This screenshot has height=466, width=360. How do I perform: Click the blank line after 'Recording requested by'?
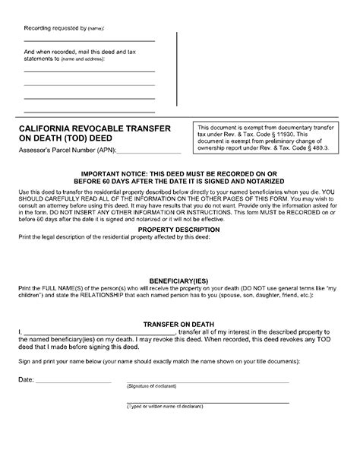click(x=89, y=41)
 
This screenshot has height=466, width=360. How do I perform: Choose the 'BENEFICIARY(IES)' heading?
click(x=180, y=281)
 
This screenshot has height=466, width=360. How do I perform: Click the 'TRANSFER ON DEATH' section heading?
click(x=180, y=322)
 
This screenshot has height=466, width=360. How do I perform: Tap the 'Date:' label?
click(x=26, y=379)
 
